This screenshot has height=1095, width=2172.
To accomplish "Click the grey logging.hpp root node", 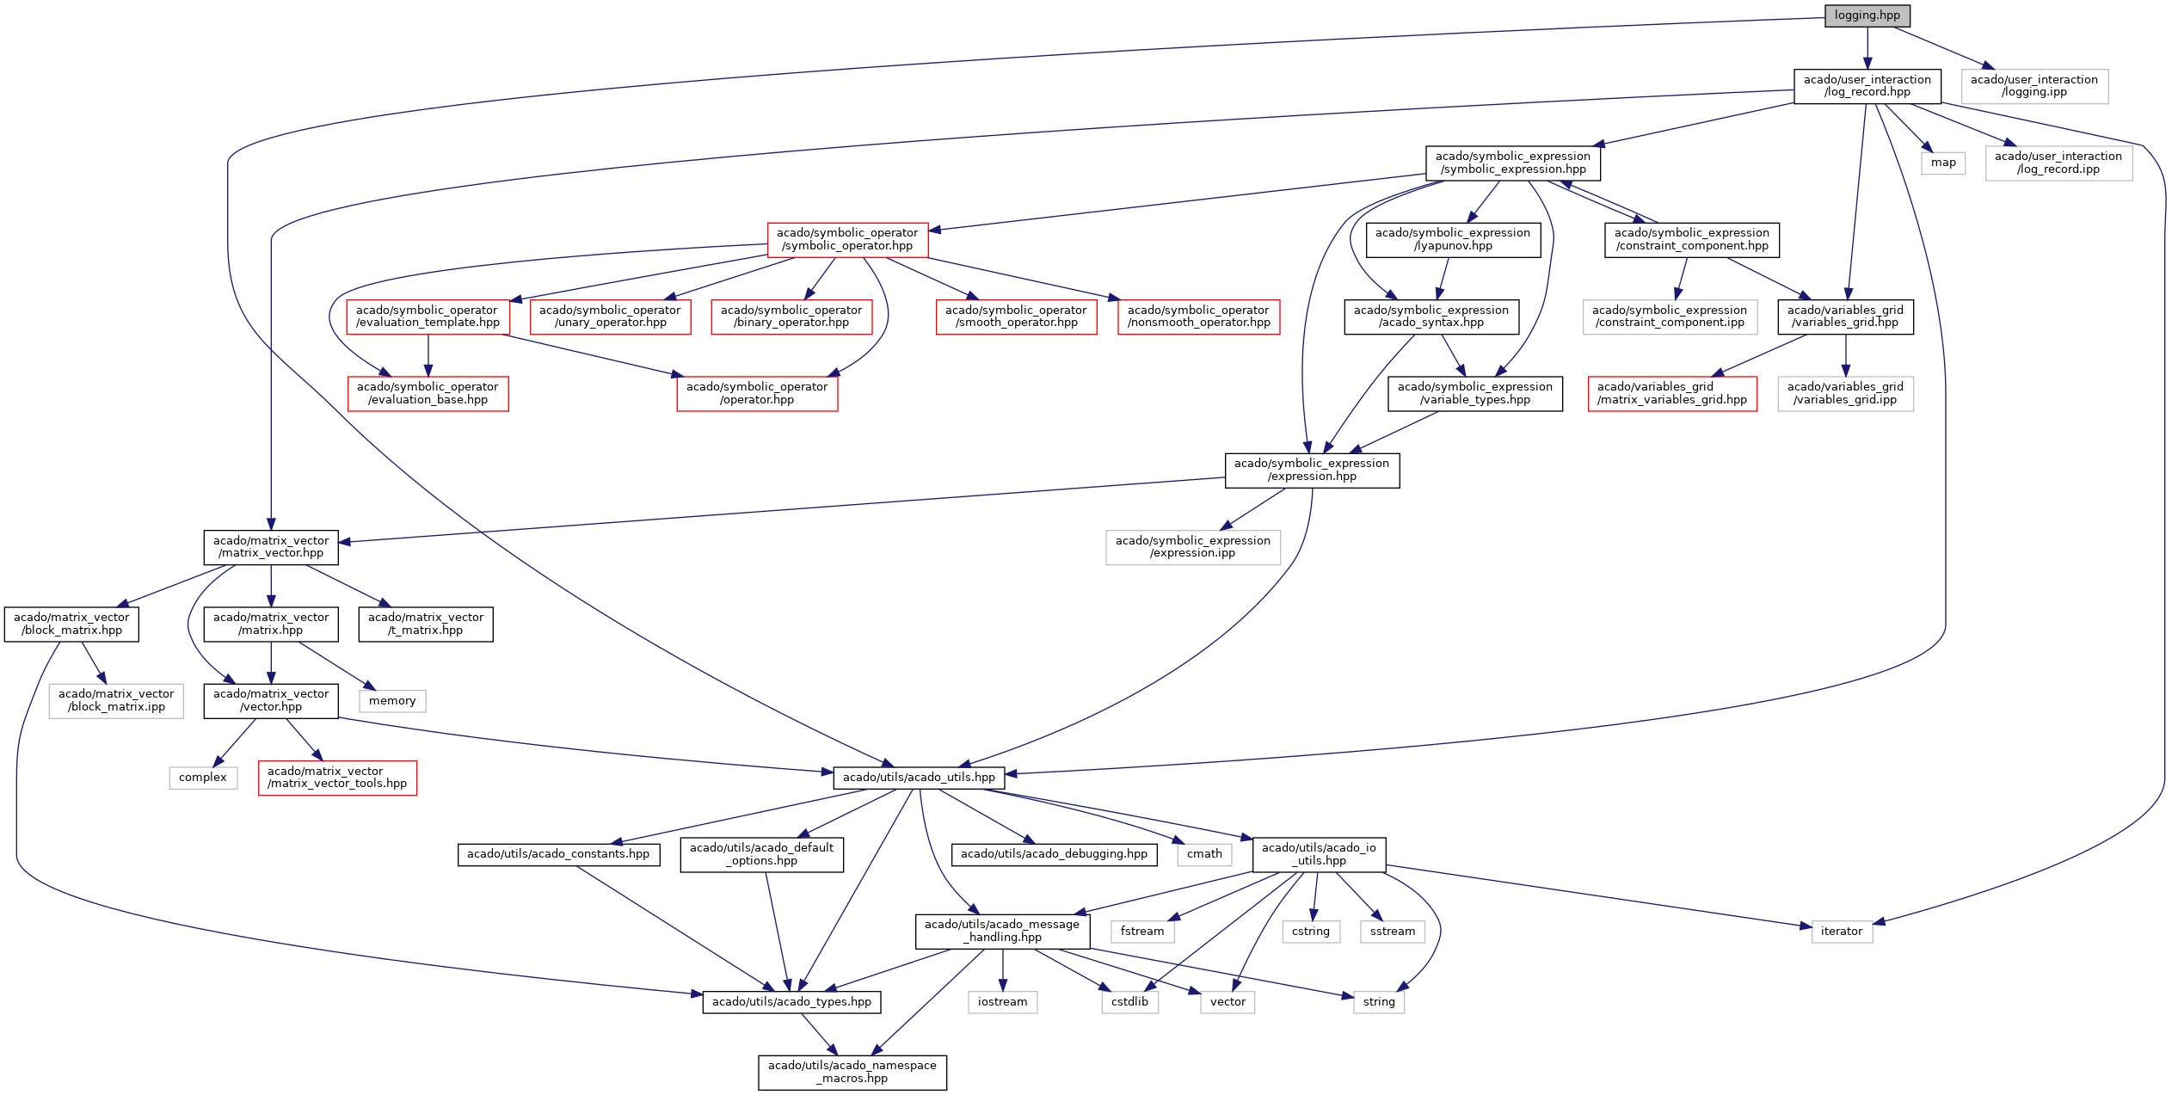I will (1867, 15).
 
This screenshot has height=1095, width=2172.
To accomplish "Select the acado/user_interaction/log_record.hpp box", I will (1867, 86).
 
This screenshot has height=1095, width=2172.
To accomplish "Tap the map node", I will (1942, 163).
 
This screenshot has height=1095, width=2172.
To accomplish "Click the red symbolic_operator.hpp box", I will (847, 239).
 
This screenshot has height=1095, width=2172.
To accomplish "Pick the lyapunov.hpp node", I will (1452, 239).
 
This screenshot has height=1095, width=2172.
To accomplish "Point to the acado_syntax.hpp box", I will (1431, 317).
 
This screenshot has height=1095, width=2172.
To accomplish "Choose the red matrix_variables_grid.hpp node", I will (1671, 393).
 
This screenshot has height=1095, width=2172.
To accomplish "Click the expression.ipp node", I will (1192, 547).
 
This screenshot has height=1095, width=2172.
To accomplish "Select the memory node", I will (392, 701).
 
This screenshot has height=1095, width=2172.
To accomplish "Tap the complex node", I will (203, 778).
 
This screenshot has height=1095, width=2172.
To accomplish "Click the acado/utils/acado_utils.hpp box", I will (919, 778).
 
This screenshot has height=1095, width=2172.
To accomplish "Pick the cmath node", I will (1204, 854).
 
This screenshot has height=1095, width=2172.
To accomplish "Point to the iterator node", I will (1841, 932).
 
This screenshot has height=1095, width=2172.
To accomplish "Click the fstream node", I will (1141, 932).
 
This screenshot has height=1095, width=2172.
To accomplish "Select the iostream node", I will (1002, 1002).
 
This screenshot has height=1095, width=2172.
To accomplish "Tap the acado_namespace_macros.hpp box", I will (852, 1072).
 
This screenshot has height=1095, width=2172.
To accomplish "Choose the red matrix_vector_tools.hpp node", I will (337, 778).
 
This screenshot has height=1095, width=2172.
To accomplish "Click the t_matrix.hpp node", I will (425, 624).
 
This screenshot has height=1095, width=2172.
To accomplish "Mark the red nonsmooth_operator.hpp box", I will (1198, 317).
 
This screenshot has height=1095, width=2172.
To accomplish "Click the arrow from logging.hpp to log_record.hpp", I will (1867, 47).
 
